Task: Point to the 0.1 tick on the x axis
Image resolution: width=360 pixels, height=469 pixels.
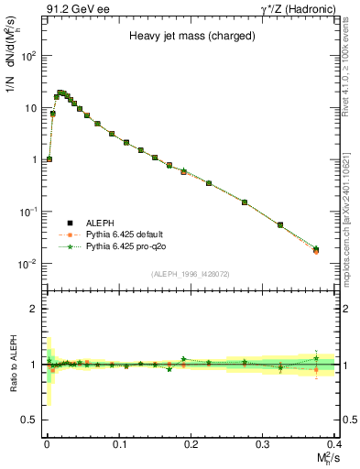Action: tap(118, 442)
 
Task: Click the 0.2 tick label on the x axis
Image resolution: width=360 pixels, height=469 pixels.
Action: tap(191, 442)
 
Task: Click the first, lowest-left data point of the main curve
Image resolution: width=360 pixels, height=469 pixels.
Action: tap(49, 158)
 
